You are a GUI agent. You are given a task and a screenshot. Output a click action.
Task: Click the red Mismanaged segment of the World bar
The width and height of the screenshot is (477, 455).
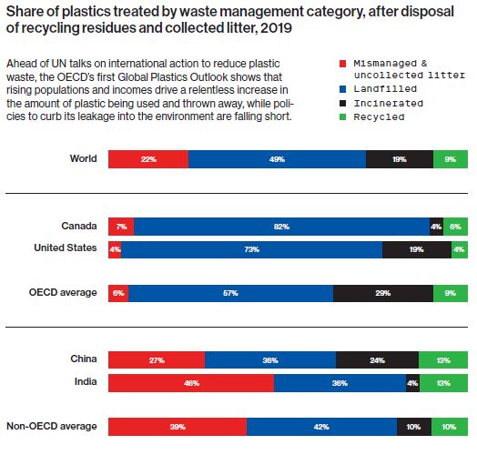pos(147,159)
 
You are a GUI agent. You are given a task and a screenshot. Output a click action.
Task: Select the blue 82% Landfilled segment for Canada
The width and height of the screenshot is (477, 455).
pos(281,226)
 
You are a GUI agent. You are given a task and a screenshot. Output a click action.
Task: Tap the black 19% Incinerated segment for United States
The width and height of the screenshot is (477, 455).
pos(416,249)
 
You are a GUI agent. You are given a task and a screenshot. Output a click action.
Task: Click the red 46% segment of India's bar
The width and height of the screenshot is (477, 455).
pos(190,383)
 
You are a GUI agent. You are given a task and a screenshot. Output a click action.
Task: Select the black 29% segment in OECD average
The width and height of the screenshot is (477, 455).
pos(382,293)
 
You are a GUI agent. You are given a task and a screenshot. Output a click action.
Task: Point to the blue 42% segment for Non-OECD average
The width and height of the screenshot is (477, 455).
pos(321,427)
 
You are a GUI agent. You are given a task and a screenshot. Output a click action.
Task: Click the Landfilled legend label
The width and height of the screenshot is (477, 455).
pos(381,89)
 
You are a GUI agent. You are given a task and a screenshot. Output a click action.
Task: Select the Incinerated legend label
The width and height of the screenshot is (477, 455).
pos(384,104)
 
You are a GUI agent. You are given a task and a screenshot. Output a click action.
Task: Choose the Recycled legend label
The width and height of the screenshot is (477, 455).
pos(378,117)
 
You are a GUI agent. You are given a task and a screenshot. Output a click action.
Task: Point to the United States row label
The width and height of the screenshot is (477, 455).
pos(66,248)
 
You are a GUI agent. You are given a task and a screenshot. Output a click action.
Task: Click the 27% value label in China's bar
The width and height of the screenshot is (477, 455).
pos(156,360)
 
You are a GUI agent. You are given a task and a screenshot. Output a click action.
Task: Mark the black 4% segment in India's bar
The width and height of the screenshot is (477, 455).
pos(412,383)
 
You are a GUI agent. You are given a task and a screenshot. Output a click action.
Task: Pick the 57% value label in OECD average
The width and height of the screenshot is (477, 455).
pos(230,293)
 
